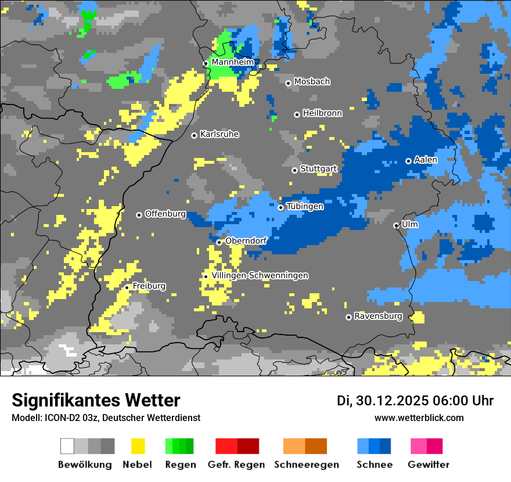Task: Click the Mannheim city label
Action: point(232,62)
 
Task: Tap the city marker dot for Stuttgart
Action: point(294,170)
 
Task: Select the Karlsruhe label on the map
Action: point(219,134)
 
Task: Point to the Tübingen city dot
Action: point(281,207)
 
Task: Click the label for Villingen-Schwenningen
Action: point(260,275)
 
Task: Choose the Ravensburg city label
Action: point(378,316)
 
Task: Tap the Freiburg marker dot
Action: point(127,287)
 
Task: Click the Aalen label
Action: point(426,160)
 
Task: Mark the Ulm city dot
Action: point(396,225)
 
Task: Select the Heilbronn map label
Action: point(322,113)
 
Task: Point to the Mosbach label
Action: point(312,82)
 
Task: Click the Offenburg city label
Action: point(165,214)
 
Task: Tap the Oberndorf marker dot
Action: point(219,242)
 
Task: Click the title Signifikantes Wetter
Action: point(96,400)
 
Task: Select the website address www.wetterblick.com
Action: point(419,418)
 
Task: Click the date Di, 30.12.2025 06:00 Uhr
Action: point(415,401)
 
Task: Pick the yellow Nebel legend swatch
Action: point(138,446)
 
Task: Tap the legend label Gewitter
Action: point(428,465)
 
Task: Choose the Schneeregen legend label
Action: point(306,465)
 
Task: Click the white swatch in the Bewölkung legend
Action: point(67,446)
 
